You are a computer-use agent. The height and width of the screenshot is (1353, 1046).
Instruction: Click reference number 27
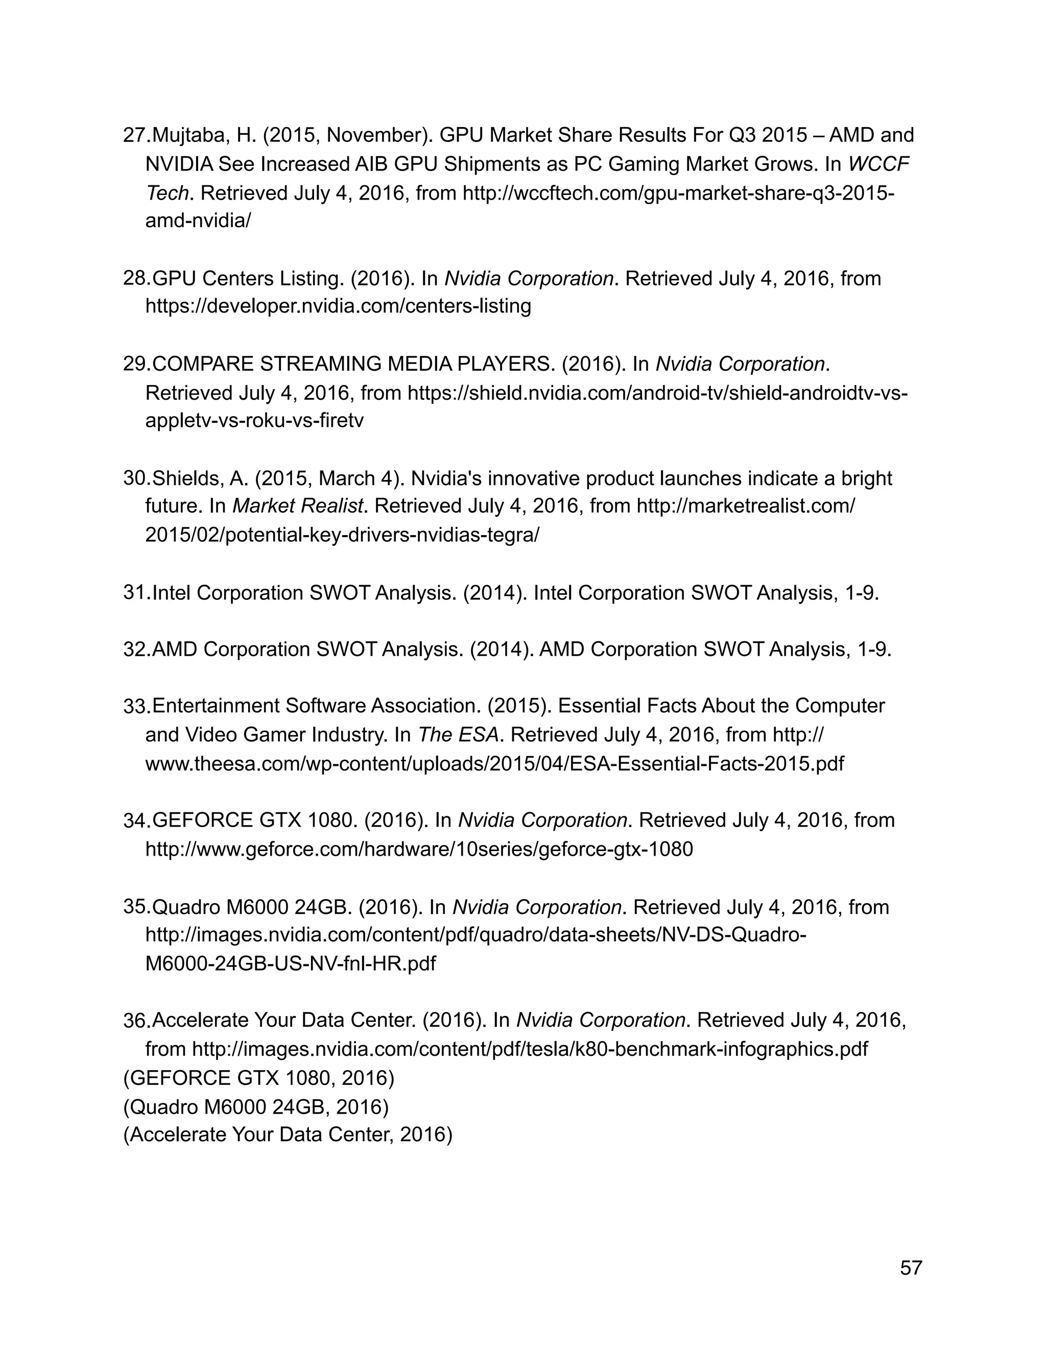tap(133, 135)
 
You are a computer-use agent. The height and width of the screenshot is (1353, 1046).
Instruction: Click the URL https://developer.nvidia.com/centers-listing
tap(338, 306)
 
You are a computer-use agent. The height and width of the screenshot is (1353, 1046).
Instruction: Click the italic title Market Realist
tap(297, 506)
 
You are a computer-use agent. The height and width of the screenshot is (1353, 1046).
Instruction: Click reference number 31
tap(133, 593)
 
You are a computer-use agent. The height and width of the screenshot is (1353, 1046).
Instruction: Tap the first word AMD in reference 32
tap(175, 649)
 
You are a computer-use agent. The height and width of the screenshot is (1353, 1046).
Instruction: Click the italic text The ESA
tap(458, 735)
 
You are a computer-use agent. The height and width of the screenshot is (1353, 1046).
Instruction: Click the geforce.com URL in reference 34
tap(419, 849)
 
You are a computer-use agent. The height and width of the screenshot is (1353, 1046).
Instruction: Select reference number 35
tap(133, 907)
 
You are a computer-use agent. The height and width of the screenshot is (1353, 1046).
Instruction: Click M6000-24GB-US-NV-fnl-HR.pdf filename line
tap(290, 963)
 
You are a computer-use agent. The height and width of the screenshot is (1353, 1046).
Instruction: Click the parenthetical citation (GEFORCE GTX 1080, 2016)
tap(258, 1078)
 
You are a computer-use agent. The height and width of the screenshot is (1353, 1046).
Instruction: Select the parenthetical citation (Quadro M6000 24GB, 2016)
tap(255, 1106)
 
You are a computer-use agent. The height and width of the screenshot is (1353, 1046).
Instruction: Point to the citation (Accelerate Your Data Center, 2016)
tap(288, 1134)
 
